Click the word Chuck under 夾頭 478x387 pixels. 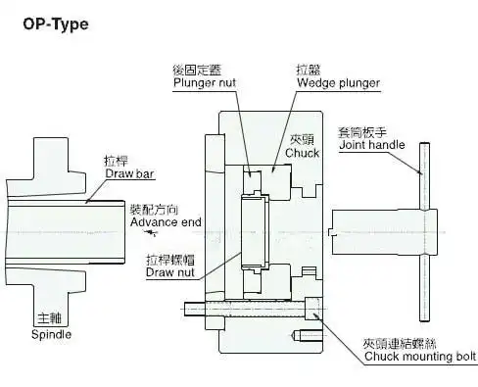point(303,153)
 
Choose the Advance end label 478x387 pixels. point(166,222)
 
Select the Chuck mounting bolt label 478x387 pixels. point(420,357)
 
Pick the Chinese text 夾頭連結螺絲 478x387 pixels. point(396,343)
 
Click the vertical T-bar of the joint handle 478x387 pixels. point(422,235)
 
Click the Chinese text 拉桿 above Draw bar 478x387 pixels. point(116,160)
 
